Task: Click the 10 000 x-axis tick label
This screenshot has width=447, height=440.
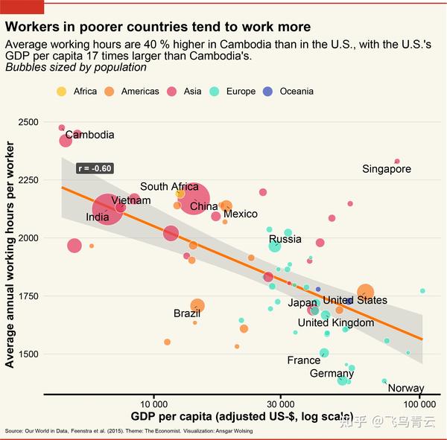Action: click(x=153, y=403)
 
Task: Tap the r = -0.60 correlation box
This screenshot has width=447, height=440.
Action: click(x=95, y=168)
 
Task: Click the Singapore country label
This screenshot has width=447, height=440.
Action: click(x=387, y=169)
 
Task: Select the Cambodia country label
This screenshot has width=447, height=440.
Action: click(x=89, y=135)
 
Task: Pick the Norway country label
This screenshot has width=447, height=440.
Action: click(x=406, y=388)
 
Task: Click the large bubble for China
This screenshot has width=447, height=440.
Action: click(x=192, y=198)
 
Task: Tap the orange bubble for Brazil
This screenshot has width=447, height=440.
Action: click(x=197, y=305)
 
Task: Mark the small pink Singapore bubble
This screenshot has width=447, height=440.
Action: click(x=397, y=161)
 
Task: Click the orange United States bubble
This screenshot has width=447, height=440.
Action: click(x=365, y=292)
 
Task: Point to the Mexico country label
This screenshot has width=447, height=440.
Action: click(x=240, y=214)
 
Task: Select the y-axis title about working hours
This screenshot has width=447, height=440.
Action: click(x=10, y=265)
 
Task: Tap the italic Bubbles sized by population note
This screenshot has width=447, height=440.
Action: click(x=76, y=68)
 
